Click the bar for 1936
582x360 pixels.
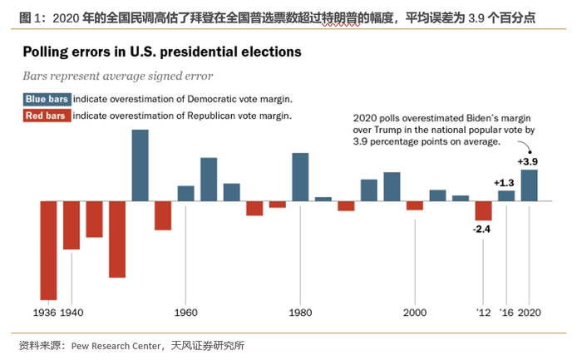tap(48, 250)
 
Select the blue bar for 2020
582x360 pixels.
tap(529, 185)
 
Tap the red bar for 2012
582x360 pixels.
tap(483, 211)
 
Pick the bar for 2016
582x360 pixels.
tap(506, 196)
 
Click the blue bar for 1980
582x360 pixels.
tap(300, 177)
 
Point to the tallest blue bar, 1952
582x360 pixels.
tap(140, 165)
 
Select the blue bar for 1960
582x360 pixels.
tap(185, 193)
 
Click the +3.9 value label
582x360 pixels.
tap(529, 161)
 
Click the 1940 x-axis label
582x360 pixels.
tap(72, 313)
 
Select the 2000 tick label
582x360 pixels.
tap(415, 313)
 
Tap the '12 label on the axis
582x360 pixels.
tap(483, 313)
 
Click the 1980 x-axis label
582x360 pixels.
tap(300, 313)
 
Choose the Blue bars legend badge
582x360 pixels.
tap(46, 99)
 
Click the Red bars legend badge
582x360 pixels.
tap(45, 116)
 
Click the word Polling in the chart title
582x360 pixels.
tap(48, 52)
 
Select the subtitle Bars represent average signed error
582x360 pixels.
tap(117, 76)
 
